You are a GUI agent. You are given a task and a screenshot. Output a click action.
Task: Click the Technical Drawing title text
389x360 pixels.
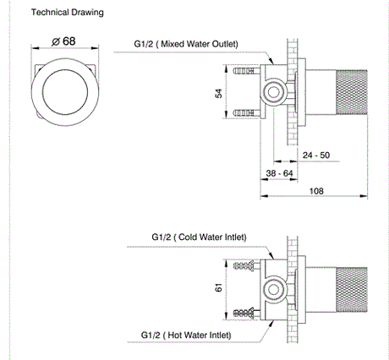coord(68,13)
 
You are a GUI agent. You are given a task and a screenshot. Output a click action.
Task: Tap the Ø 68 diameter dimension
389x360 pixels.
coord(63,41)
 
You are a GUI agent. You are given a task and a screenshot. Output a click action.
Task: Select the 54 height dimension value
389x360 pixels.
coord(219,93)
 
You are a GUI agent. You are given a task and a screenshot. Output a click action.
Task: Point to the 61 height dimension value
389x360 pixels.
coord(219,287)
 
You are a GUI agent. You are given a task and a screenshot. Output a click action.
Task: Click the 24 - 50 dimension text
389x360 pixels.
coord(316,155)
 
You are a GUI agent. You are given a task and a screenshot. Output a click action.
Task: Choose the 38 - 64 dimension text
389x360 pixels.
coord(279,173)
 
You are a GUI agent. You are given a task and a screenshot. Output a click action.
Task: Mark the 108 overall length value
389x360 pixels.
coord(316,191)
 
